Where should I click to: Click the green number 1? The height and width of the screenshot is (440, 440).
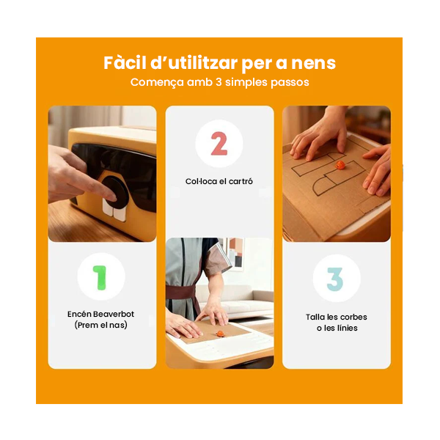tap(100, 277)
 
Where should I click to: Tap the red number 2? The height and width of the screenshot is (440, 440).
tap(219, 144)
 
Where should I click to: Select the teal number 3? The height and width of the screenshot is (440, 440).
tap(335, 279)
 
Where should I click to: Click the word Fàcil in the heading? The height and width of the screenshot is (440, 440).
tap(125, 63)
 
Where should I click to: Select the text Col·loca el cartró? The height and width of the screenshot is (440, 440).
tap(219, 182)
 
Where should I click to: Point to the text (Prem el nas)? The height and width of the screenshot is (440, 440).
tap(100, 325)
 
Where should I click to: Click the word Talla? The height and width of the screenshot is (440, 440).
tap(315, 317)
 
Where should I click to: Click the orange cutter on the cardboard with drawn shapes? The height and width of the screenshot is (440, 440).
tap(340, 165)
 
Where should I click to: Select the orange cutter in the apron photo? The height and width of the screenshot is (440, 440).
tap(220, 334)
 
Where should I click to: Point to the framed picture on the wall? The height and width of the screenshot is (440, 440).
tap(235, 252)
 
